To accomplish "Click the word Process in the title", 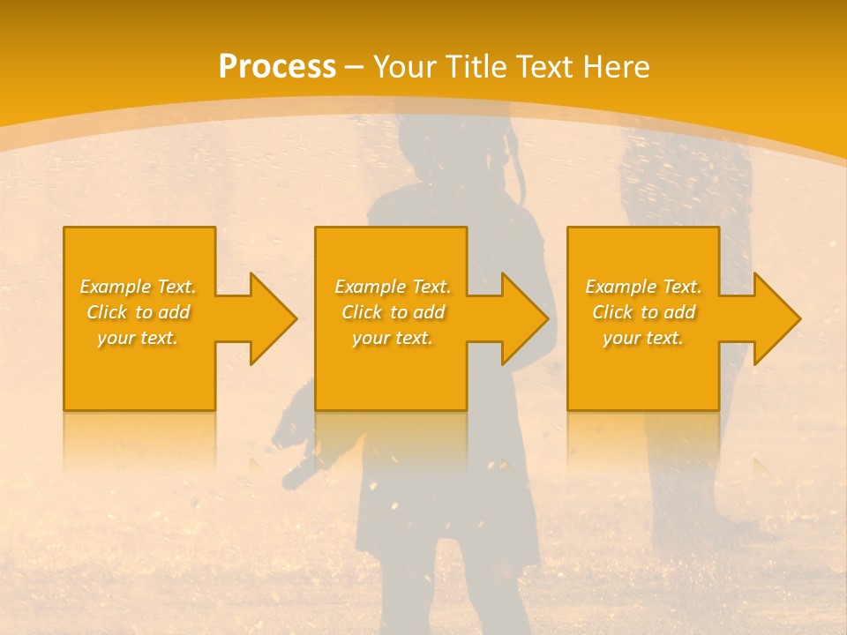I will [277, 67].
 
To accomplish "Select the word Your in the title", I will [405, 67].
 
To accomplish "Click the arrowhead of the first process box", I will [268, 318].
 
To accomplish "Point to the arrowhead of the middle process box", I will [521, 318].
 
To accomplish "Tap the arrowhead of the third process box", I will [773, 318].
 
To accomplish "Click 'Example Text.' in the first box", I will [138, 287].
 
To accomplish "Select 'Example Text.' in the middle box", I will [392, 287].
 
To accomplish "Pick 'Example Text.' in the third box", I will [643, 287].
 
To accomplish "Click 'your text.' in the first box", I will [138, 338].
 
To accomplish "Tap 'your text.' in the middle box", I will [392, 338].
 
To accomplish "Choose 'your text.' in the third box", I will [643, 338].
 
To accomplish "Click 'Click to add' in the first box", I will [138, 312].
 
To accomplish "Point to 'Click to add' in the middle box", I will [392, 312].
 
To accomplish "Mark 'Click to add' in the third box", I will [643, 312].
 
